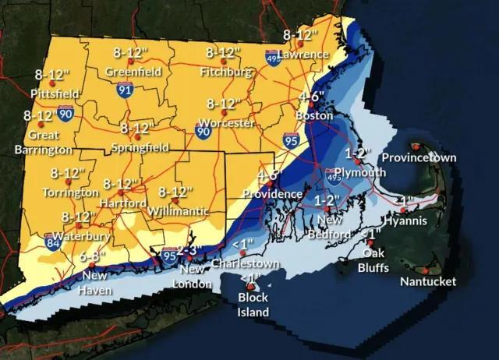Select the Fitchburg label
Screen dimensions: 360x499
click(x=226, y=72)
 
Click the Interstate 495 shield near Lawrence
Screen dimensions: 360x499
click(x=273, y=58)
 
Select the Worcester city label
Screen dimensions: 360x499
click(x=226, y=123)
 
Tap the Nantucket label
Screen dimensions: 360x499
click(x=428, y=281)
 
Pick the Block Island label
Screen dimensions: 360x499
click(x=253, y=305)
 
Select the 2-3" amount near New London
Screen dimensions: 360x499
click(x=191, y=250)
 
